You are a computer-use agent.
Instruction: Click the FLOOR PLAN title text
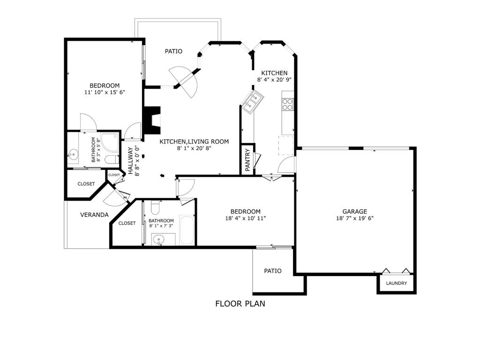[240, 303]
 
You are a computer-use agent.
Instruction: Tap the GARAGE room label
[354, 211]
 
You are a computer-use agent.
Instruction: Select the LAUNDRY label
[396, 284]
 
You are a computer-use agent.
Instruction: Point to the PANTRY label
[247, 160]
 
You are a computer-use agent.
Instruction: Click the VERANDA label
[94, 215]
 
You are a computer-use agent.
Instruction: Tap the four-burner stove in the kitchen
[287, 104]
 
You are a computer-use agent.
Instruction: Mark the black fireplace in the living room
[152, 120]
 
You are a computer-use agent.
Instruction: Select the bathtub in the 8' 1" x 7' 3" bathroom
[187, 230]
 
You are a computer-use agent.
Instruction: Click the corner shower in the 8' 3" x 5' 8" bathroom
[111, 143]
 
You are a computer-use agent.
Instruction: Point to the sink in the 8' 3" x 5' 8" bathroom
[74, 153]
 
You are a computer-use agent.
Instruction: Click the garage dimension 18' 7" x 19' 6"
[354, 218]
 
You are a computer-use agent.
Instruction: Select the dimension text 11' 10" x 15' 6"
[105, 92]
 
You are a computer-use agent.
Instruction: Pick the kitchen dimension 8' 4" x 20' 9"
[274, 80]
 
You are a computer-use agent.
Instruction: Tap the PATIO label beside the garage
[272, 270]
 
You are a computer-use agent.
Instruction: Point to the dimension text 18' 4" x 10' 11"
[246, 218]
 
